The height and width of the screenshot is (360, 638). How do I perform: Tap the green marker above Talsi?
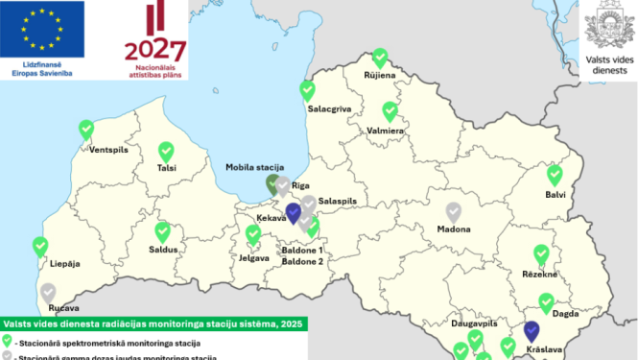(x=166, y=152)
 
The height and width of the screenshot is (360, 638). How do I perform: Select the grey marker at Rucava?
(x=46, y=292)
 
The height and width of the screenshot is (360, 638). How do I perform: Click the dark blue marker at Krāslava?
(x=532, y=332)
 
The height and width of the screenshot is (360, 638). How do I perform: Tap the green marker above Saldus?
(x=163, y=231)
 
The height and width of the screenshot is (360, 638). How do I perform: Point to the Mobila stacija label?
(x=254, y=167)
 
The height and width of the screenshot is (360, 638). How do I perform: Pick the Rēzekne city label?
(x=540, y=274)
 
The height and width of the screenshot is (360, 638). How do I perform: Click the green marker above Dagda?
(x=547, y=303)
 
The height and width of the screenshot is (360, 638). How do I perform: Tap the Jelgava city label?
(x=253, y=257)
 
